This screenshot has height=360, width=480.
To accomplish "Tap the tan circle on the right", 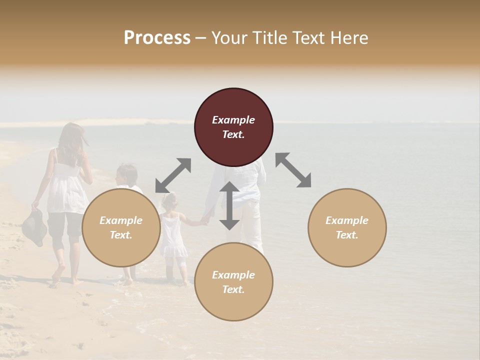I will (347, 227).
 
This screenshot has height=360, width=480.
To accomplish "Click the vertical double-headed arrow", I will (229, 205).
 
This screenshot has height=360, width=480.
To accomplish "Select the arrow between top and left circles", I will (173, 175).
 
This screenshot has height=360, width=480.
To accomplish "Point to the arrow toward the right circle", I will (293, 170).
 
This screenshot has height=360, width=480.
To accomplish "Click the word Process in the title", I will (157, 37).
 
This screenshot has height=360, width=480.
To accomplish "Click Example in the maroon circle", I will (233, 120).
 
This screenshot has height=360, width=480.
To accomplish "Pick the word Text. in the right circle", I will (347, 235).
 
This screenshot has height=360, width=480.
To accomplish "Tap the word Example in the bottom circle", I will (233, 275).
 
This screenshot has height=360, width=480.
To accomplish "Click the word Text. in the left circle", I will (121, 235).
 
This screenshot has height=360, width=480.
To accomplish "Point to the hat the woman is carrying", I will (34, 227).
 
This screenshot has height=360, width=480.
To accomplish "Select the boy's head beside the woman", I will (126, 175).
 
